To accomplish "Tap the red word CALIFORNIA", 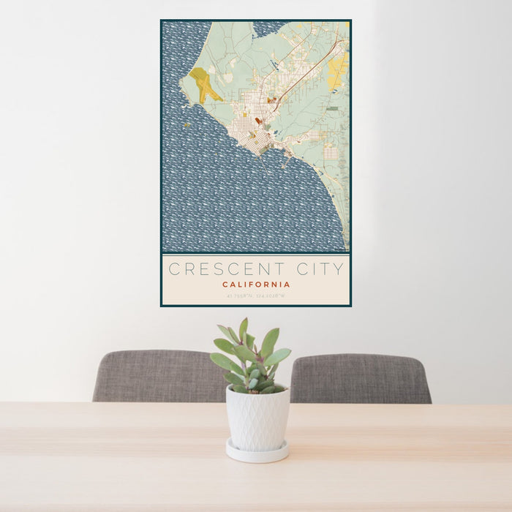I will click(256, 285).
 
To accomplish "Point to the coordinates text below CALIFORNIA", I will click(256, 296).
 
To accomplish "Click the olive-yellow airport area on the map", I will click(204, 84).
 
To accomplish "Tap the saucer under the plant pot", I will click(256, 453).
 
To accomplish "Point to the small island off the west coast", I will click(187, 125).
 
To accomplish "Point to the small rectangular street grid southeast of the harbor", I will click(330, 152).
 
